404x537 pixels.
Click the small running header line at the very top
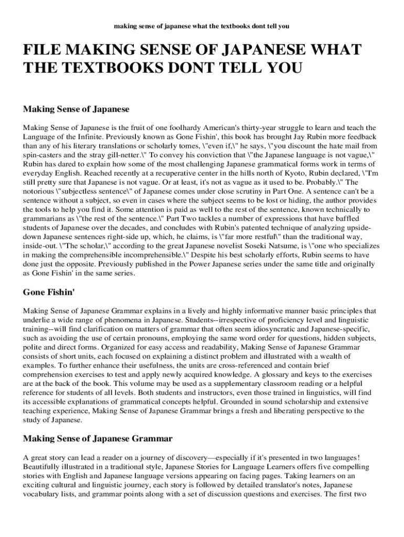pos(202,25)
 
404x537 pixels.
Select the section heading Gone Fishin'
pos(49,292)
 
